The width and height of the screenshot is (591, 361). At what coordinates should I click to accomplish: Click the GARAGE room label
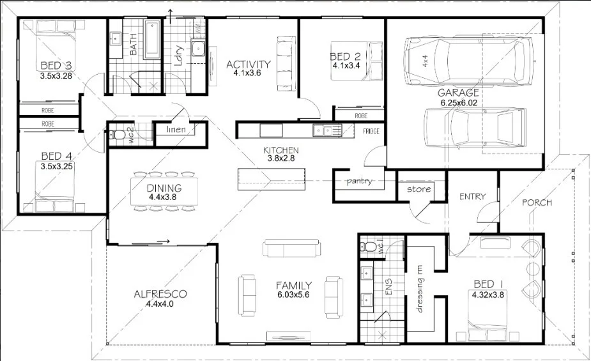tap(458, 93)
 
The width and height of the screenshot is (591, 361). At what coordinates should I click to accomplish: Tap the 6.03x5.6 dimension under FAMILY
tap(293, 295)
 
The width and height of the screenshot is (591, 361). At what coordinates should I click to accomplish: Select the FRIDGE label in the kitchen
tap(371, 131)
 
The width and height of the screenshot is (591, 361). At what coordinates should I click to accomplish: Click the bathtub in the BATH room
tap(153, 40)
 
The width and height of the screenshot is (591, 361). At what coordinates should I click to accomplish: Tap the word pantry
tap(359, 181)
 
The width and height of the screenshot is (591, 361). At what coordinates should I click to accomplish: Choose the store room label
tap(418, 189)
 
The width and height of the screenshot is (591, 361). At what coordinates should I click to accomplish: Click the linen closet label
tap(176, 130)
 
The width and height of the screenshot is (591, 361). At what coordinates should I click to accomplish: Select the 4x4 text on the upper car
tap(425, 61)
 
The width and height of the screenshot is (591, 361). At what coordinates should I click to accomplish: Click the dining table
tap(164, 192)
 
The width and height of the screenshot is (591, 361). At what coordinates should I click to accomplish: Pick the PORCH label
tap(537, 203)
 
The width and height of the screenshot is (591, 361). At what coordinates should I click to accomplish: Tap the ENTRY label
tap(472, 196)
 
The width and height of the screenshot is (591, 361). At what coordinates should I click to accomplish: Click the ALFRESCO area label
tap(160, 294)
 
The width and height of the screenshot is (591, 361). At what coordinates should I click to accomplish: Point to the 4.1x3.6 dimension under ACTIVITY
tap(247, 73)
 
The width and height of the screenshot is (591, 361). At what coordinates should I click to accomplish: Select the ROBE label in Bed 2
tap(361, 116)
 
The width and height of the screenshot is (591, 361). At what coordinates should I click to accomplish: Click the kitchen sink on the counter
tap(326, 130)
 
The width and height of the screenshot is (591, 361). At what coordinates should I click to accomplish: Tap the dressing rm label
tap(420, 289)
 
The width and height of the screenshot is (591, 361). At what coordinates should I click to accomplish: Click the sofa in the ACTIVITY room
tap(286, 63)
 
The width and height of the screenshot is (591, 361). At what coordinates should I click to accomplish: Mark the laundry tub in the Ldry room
tap(197, 48)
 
